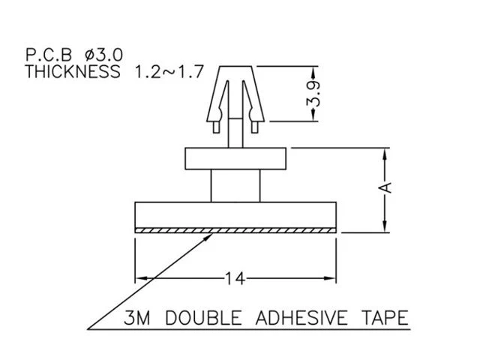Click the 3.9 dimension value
coord(313,94)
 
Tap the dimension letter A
coord(387,187)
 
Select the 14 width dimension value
coord(235,278)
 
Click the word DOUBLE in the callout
coord(203,318)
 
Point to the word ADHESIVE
coord(301,318)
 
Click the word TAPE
coord(385,318)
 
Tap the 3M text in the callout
coord(137,318)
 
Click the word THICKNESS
coord(73,72)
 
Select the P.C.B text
coord(49,55)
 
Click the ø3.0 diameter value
coord(103,55)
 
